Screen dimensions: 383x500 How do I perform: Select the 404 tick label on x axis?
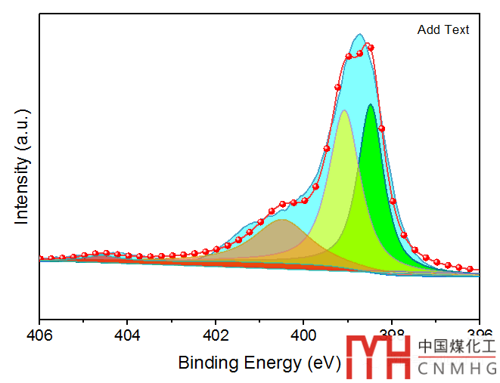(128, 335)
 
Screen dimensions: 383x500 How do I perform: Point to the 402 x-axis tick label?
(216, 335)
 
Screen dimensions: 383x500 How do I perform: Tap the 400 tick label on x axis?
(304, 335)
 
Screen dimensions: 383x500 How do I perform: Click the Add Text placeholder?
(443, 30)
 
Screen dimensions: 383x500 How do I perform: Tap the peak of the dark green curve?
(371, 105)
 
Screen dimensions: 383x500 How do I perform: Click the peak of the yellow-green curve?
(344, 111)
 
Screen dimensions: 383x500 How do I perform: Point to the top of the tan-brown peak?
(282, 221)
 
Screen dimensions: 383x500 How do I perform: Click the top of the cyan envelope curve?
(360, 35)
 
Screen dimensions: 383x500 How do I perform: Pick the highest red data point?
(370, 47)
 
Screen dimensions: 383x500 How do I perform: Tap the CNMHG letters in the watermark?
(457, 368)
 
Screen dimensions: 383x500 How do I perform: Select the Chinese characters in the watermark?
(457, 347)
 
